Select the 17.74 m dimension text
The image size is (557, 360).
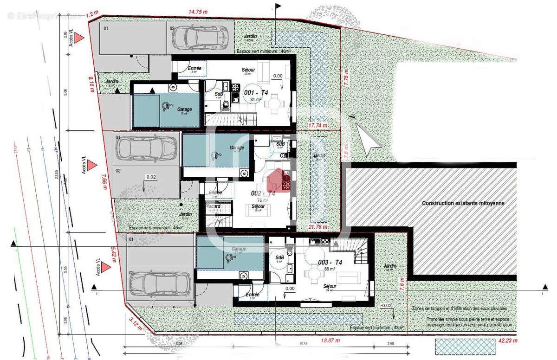coord(318,125)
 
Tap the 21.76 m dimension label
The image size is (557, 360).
coord(318,227)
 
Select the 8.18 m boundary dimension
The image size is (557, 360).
coord(92,85)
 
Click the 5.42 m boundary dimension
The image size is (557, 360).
coord(114,255)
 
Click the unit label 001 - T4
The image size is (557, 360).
coord(256,93)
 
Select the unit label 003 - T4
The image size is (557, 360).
coord(330,263)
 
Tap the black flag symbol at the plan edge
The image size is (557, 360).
coord(278,6)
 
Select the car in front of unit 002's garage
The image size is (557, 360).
coord(146,149)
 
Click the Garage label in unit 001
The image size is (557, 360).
coord(184,109)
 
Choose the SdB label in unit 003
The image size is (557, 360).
coord(279,258)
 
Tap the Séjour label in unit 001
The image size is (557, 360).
coord(248,70)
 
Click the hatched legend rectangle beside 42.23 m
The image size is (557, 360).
coord(465,346)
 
